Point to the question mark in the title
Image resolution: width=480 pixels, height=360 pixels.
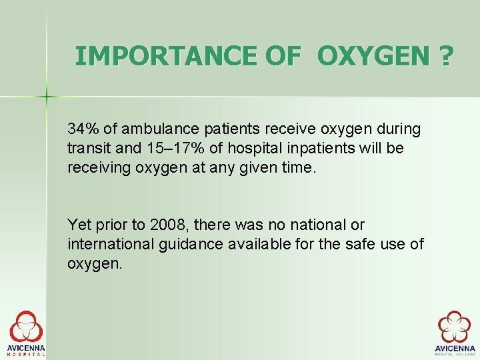pos(444,56)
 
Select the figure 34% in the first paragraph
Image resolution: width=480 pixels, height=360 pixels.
pos(81,128)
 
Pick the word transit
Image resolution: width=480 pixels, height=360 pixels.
pos(87,148)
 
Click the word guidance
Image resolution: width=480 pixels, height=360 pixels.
pos(192,244)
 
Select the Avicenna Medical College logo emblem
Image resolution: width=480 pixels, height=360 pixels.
pos(454,327)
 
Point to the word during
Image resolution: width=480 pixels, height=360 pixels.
pos(399,128)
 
